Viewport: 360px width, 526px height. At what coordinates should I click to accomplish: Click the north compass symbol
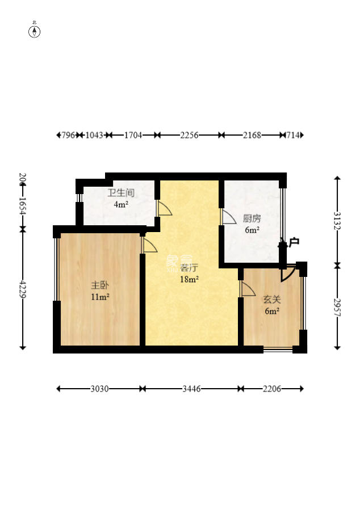pos(35,31)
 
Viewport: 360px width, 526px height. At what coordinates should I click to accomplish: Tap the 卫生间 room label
pos(121,193)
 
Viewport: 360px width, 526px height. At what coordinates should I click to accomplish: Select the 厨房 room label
pos(252,218)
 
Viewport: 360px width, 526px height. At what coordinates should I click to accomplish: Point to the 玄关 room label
pos(271,299)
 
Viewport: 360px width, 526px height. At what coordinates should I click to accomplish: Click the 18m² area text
pos(189,279)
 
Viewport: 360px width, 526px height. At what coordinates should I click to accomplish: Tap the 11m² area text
pos(100,296)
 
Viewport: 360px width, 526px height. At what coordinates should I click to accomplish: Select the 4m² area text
pos(120,204)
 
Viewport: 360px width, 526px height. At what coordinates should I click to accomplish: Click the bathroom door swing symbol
pos(164,208)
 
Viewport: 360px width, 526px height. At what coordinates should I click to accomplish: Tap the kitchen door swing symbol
pos(228,217)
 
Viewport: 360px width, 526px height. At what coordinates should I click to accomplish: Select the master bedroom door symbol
pos(150,245)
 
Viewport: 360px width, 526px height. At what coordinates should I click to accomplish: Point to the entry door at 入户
pos(288,272)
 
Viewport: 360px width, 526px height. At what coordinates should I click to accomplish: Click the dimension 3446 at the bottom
pos(191,389)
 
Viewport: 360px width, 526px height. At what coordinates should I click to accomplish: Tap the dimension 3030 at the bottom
pos(99,389)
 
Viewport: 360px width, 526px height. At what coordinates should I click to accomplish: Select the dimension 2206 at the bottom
pos(271,389)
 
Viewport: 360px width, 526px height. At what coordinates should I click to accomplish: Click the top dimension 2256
pos(189,135)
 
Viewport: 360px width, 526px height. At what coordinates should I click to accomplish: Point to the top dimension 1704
pos(132,135)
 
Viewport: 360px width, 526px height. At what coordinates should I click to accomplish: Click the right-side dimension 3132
pos(337,220)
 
